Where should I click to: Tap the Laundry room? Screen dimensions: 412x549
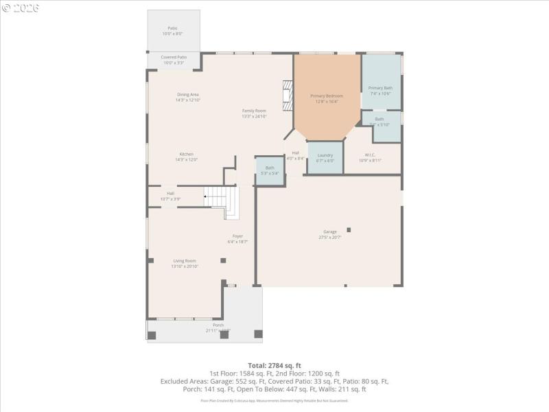point(325,157)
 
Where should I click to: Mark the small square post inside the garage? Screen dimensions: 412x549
point(349,229)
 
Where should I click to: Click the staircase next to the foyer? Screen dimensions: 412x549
point(224,201)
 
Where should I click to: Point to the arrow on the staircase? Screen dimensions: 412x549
point(206,196)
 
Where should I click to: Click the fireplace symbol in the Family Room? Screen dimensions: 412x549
point(288,91)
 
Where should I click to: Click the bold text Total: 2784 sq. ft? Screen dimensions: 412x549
point(274,365)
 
